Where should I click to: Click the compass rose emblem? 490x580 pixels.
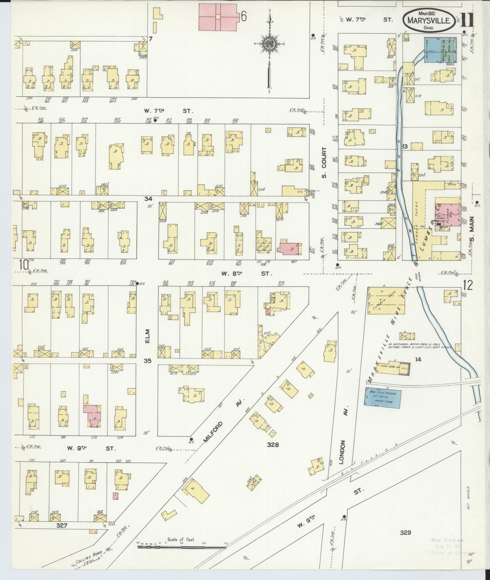coord(269,44)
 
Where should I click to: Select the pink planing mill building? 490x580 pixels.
coord(447,214)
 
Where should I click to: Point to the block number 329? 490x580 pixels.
coord(405,532)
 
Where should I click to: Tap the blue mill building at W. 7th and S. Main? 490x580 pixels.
coord(440,50)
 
